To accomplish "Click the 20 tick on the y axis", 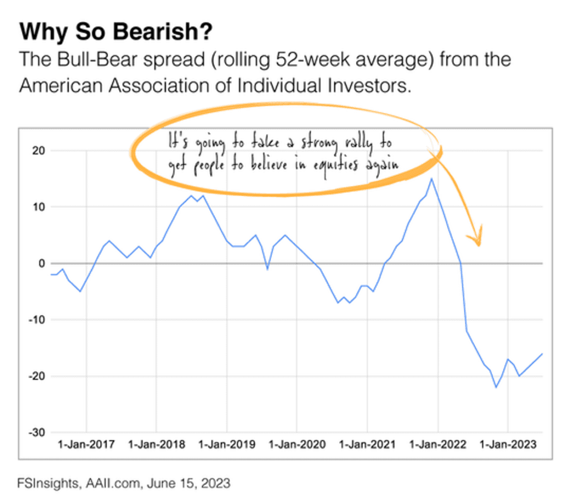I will tap(39, 151).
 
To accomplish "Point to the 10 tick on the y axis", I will tap(39, 207).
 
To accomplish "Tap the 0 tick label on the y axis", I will tap(41, 263).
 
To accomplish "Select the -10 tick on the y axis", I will tap(37, 320).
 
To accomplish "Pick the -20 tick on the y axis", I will tap(37, 376).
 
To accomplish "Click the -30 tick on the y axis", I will tap(37, 432).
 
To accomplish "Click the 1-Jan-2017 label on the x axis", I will tap(86, 445).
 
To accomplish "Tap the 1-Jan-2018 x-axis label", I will tap(157, 445).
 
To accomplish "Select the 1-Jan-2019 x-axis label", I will tap(227, 445).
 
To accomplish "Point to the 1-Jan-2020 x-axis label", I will tap(297, 445).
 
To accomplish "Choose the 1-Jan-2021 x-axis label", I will tap(367, 445).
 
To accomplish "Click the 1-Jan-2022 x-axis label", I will tap(438, 445).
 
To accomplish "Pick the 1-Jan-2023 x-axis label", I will tap(508, 445).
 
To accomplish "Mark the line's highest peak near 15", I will tap(432, 178).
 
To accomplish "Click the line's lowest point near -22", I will tap(496, 387).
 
